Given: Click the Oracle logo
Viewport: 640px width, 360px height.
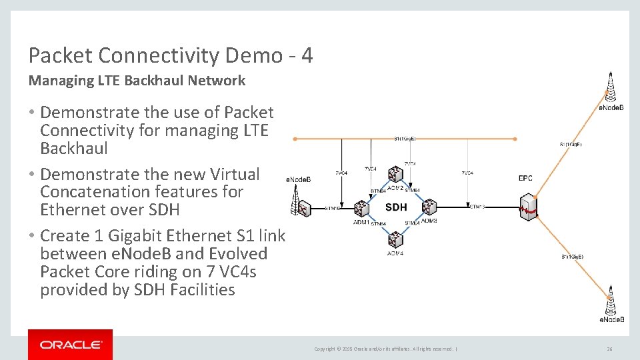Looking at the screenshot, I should (x=70, y=345).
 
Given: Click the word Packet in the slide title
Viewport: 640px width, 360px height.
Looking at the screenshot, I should (x=59, y=56).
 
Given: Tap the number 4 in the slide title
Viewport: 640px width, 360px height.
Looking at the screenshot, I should (x=307, y=56).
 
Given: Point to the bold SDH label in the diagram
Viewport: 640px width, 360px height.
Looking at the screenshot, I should (x=396, y=207).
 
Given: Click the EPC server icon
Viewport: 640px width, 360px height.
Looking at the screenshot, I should (x=529, y=207).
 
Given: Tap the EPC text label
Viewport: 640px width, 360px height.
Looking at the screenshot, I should (x=525, y=179).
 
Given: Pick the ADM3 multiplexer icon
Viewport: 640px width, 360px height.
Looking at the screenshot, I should (x=428, y=207).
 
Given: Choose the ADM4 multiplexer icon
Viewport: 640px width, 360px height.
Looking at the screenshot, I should (x=396, y=239).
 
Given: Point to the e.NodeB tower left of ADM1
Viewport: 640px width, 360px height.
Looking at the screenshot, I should (x=298, y=200).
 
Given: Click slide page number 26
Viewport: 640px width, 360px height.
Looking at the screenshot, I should (x=609, y=349).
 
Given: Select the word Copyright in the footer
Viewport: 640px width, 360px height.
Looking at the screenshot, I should (x=325, y=349).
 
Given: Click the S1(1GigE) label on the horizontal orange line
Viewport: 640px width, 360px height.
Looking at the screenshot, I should (x=405, y=139).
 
